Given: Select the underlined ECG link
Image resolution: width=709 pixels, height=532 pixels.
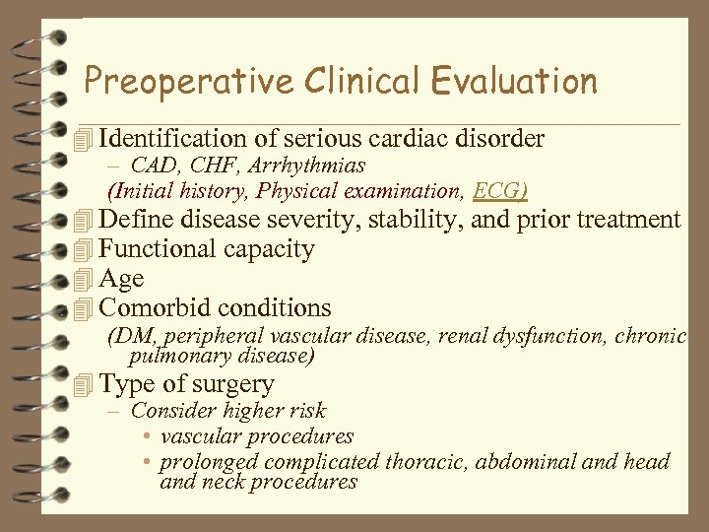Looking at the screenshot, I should point(500,189).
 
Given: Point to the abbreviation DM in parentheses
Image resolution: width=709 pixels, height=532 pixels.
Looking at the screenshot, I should point(125,336).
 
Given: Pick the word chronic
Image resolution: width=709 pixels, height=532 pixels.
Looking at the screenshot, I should point(650,336).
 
